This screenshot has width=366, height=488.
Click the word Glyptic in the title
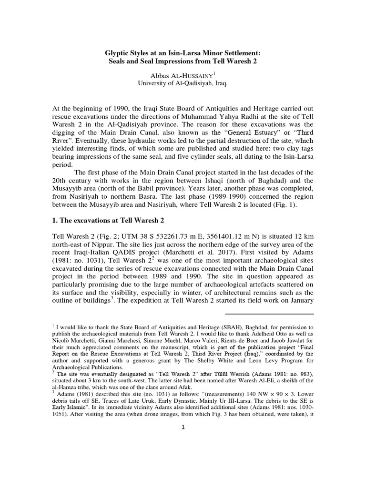[118, 53]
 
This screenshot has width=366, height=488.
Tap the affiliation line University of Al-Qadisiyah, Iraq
[183, 85]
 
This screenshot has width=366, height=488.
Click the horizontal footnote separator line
[269, 314]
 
